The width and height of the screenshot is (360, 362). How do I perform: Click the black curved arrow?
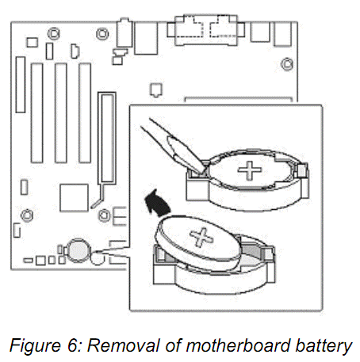(158, 204)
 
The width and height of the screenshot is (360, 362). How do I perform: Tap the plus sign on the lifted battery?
(201, 237)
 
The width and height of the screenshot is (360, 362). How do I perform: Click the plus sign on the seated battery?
(250, 170)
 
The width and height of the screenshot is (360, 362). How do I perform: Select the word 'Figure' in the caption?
(36, 345)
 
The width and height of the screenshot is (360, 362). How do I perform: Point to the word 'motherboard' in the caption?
(238, 345)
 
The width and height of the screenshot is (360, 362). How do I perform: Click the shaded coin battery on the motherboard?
(78, 250)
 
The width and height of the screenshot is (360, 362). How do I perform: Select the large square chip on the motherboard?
(74, 198)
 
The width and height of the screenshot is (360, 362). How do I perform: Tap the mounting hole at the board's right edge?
(287, 64)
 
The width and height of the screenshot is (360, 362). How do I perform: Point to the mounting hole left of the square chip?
(27, 215)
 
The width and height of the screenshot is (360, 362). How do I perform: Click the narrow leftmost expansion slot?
(21, 85)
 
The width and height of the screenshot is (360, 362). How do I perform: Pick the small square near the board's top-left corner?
(32, 43)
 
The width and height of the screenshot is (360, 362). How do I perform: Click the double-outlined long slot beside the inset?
(107, 138)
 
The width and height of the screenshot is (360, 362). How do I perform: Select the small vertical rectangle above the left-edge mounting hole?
(24, 187)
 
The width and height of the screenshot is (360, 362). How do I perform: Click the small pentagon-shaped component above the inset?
(156, 90)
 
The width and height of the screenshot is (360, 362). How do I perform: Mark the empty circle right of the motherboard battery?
(98, 259)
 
